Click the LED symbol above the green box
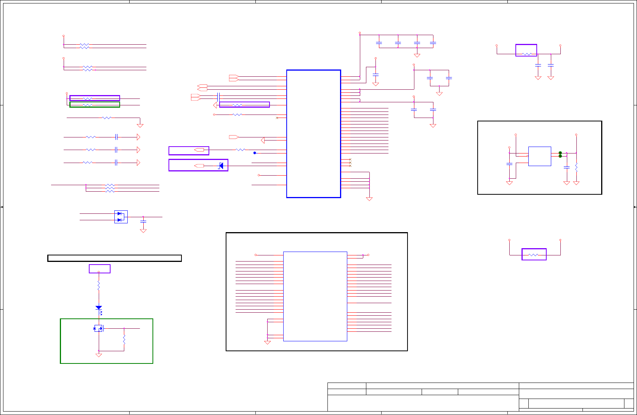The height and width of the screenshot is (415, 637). (99, 308)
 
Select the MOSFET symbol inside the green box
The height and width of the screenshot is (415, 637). (98, 328)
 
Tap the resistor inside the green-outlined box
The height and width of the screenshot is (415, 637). (124, 339)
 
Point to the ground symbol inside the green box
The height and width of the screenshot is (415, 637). (99, 355)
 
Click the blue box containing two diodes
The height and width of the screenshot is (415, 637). (121, 217)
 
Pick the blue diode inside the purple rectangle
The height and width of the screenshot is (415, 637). (220, 166)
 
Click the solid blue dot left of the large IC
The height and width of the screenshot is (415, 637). (255, 153)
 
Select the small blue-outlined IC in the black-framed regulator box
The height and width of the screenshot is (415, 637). (539, 156)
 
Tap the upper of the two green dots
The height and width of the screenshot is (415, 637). (560, 153)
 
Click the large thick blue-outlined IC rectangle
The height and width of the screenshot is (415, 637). (313, 134)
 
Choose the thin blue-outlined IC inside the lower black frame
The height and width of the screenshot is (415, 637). (315, 296)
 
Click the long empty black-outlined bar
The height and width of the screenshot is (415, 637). (114, 258)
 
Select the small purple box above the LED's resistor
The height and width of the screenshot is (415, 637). (99, 269)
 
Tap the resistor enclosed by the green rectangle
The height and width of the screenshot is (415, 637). (88, 105)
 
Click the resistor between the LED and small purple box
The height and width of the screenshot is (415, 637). (99, 285)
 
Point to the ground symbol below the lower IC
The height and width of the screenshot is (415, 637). (267, 342)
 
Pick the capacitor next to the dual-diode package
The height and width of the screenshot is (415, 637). (143, 221)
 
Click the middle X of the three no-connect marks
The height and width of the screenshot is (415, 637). (350, 163)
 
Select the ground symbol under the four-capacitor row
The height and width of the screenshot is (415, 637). (417, 56)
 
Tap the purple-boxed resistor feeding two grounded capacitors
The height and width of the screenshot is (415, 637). (526, 54)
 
